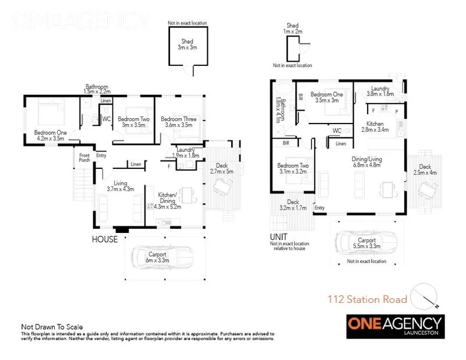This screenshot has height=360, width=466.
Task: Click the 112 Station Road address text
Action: (x=367, y=300)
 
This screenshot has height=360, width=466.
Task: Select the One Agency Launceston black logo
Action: (x=395, y=326)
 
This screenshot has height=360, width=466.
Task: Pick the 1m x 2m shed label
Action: (x=292, y=29)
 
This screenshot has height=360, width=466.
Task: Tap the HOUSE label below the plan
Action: (x=105, y=239)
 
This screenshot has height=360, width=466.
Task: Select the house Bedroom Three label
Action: (x=179, y=122)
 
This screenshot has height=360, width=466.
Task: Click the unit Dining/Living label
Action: (x=366, y=161)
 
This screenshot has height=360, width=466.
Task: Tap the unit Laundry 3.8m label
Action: (x=380, y=91)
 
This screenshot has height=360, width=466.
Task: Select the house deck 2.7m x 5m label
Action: (x=221, y=169)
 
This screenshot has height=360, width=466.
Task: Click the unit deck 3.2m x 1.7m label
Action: (x=292, y=205)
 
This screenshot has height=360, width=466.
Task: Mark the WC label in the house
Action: (x=107, y=119)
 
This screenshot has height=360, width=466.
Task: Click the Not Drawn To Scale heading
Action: (x=52, y=327)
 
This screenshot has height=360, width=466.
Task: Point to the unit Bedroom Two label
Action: (x=293, y=168)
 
